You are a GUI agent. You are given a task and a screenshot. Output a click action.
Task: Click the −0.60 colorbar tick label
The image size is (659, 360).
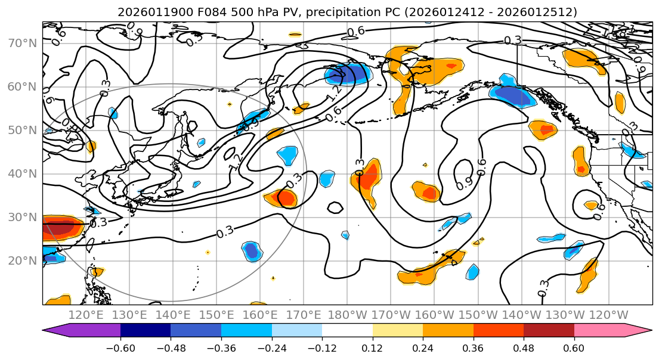pos(120,348)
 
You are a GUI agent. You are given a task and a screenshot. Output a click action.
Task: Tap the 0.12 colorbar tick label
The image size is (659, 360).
pos(372,348)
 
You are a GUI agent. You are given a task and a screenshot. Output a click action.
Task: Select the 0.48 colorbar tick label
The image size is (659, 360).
pos(523,348)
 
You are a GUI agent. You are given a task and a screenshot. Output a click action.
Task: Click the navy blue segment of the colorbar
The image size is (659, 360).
pos(146,331)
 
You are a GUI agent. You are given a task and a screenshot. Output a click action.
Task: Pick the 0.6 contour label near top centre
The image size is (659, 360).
pos(355,31)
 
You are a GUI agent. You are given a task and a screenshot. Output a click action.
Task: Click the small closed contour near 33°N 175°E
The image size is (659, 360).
pos(335,207)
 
